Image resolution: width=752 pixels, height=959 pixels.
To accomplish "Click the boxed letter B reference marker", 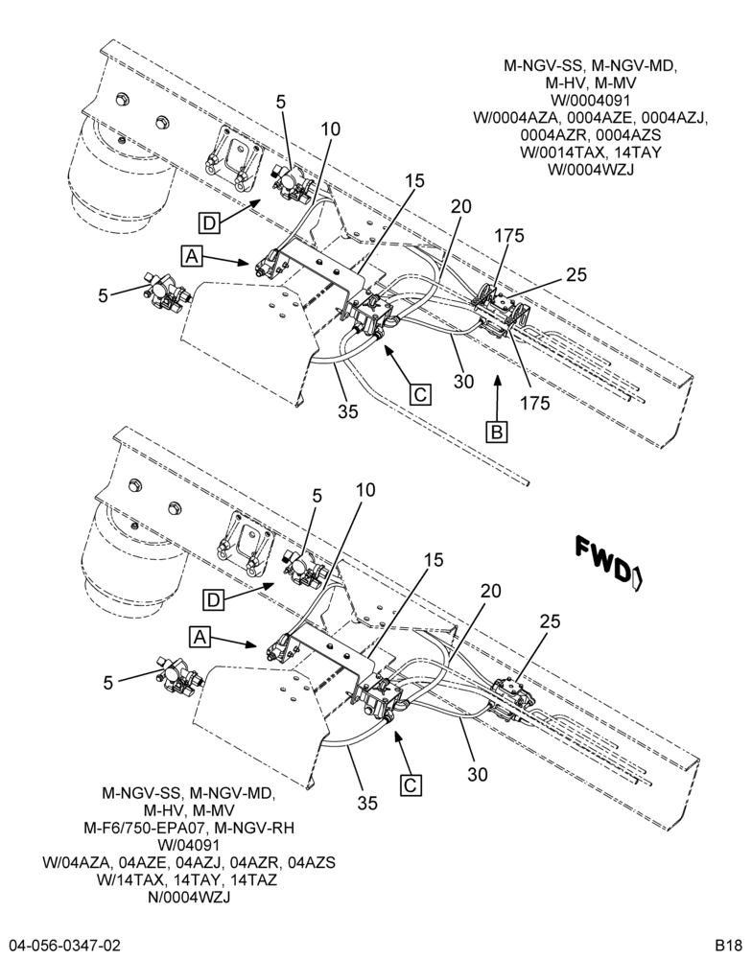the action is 496,432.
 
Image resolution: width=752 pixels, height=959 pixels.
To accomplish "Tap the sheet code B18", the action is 729,945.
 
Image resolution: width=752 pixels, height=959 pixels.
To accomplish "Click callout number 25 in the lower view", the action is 550,621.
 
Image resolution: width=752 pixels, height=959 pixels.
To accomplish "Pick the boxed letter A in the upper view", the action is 192,256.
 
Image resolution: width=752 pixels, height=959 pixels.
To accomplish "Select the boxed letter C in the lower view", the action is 410,784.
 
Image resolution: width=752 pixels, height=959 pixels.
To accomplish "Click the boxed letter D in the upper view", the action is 209,223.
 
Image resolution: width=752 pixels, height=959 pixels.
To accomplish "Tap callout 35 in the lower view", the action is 367,803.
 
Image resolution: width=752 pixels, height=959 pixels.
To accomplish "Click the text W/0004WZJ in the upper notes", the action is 591,170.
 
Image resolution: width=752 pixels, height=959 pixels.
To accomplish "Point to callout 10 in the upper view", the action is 330,129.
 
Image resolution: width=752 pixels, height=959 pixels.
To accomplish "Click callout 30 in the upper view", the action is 464,382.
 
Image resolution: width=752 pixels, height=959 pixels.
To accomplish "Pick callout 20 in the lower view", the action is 491,591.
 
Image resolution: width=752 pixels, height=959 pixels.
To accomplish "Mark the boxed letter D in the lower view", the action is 213,600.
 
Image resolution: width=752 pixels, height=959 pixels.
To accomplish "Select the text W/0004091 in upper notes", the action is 591,101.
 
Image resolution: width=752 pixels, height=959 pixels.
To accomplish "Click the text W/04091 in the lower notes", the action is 188,846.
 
